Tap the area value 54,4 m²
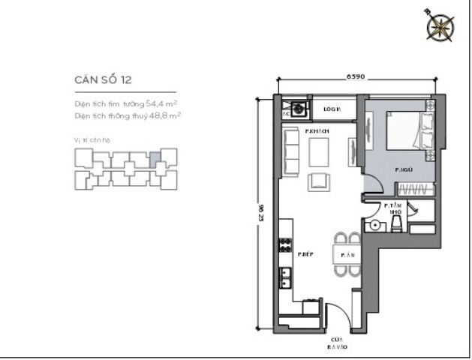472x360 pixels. pyautogui.click(x=161, y=103)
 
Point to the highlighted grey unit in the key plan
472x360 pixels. pyautogui.click(x=155, y=158)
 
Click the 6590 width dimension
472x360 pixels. pyautogui.click(x=356, y=76)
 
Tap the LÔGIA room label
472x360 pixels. pyautogui.click(x=332, y=109)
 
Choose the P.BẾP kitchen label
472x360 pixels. pyautogui.click(x=305, y=254)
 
